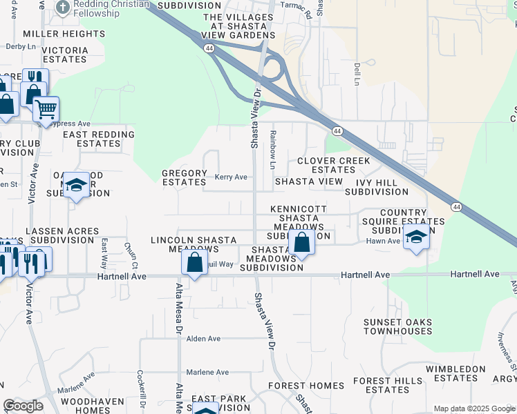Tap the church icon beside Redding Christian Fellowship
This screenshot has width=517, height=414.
pos(62,6)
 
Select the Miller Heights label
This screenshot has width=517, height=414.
pos(64,33)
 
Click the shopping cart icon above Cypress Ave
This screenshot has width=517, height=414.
pos(46,109)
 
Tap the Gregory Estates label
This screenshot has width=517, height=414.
pos(184,177)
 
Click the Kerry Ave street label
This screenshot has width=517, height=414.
pos(231,177)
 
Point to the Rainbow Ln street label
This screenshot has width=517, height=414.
pos(273,150)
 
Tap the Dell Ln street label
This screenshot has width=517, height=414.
pos(357,74)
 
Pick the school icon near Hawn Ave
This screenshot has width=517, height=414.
pos(415,237)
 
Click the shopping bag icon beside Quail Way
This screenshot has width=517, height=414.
pos(195,262)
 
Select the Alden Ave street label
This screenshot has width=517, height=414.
pos(203,339)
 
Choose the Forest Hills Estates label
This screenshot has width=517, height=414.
pos(387,385)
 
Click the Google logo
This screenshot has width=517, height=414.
pos(23,406)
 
